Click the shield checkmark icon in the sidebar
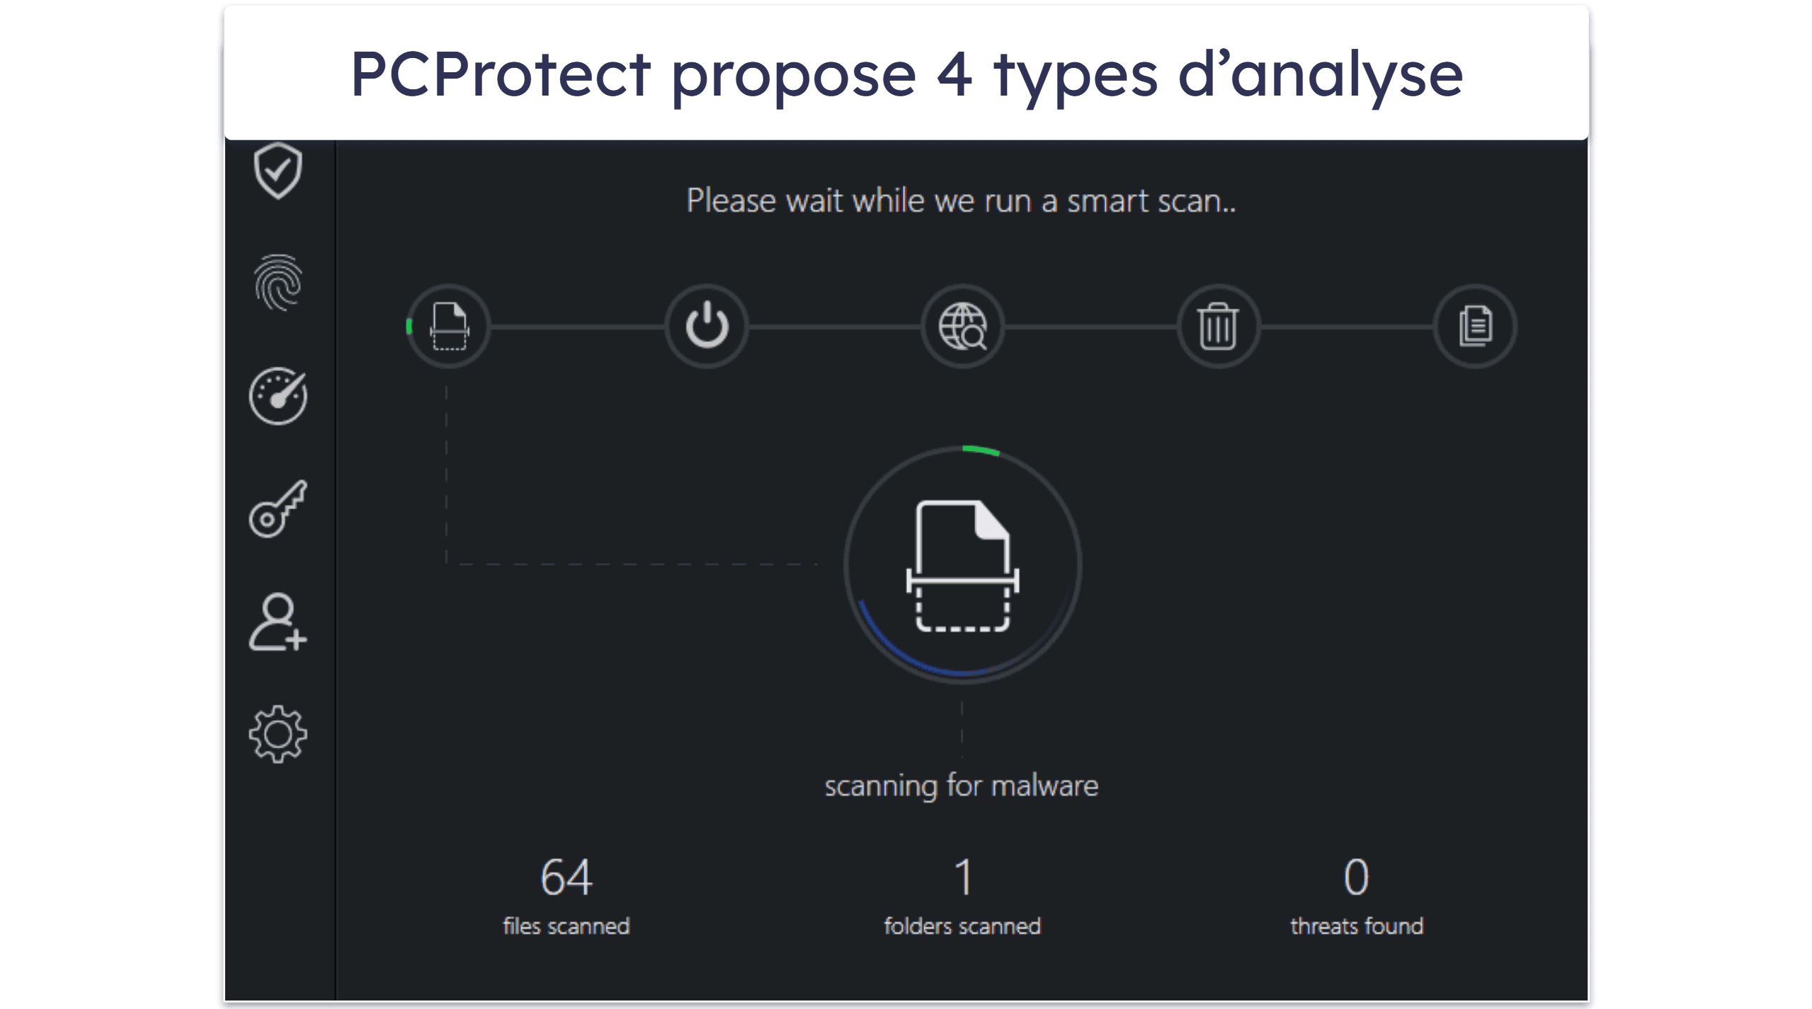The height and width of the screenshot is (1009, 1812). (278, 171)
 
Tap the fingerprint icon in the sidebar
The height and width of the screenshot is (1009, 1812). (278, 283)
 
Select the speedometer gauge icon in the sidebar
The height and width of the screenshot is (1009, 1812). (278, 395)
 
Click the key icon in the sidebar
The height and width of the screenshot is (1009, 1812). (278, 508)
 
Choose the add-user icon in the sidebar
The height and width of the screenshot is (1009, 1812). (278, 622)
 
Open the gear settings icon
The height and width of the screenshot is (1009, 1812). (278, 734)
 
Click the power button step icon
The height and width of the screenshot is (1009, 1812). (707, 326)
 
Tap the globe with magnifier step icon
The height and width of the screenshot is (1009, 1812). (962, 326)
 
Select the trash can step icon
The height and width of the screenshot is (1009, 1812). (1218, 326)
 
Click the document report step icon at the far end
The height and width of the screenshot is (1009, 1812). (1476, 326)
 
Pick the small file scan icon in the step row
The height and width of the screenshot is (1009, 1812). (450, 326)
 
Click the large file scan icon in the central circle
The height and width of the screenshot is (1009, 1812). (962, 566)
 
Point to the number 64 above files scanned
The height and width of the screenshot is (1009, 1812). (566, 877)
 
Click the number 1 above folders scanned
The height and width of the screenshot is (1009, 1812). (963, 877)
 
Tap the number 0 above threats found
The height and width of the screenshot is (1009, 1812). (1357, 877)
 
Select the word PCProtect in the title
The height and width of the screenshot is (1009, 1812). (501, 74)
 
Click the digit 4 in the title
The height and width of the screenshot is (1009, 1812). (955, 74)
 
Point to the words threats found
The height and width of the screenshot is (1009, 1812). (1357, 926)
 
